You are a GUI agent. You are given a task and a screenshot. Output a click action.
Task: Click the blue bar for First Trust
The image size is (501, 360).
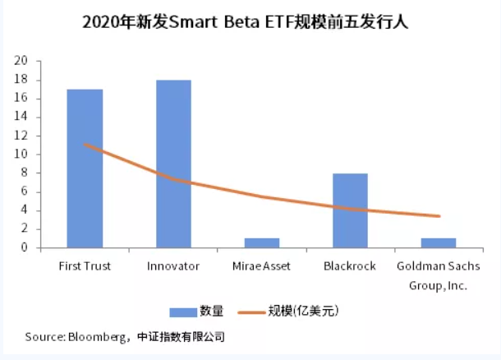point(85,168)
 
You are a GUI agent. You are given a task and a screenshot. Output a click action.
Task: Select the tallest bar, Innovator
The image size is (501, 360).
point(173,164)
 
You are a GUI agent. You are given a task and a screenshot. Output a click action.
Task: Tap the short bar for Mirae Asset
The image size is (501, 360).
point(261,242)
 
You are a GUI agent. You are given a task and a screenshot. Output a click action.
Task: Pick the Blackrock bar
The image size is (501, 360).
point(350,210)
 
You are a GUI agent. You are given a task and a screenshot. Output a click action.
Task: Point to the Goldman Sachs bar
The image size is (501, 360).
point(438,242)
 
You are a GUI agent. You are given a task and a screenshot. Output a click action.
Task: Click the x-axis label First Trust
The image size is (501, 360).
point(85,266)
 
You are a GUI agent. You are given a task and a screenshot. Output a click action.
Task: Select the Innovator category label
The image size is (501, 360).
point(173,266)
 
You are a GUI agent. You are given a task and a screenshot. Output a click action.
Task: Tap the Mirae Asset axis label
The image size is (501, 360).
point(261,266)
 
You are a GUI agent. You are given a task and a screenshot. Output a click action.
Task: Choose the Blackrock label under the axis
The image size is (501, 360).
point(350,266)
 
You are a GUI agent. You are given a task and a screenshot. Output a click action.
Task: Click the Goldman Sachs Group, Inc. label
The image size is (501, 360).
point(438,275)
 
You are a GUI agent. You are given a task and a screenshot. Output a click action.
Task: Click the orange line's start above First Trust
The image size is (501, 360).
point(85,145)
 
